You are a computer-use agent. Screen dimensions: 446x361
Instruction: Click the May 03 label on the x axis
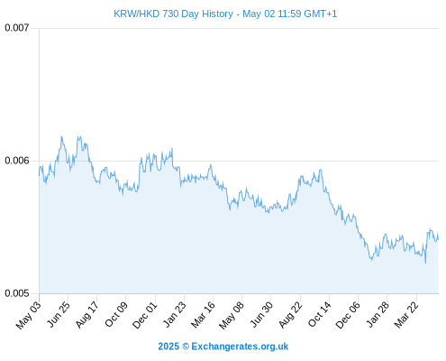click(x=28, y=315)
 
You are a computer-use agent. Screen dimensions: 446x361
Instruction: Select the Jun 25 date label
click(x=59, y=314)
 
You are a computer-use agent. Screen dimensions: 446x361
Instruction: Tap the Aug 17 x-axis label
click(x=87, y=314)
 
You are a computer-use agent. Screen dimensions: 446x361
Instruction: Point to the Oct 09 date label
click(x=116, y=314)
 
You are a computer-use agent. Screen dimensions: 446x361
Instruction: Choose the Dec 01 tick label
click(x=145, y=315)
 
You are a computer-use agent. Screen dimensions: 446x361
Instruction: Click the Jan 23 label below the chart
click(x=174, y=314)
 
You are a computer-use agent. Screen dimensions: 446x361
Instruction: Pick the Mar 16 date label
click(x=203, y=314)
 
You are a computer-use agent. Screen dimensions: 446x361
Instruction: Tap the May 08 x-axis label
click(x=232, y=315)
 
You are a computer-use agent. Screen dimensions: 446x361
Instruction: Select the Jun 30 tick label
click(x=261, y=314)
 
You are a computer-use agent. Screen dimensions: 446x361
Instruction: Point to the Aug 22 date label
click(x=290, y=314)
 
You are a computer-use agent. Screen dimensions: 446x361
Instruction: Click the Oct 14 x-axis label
click(x=319, y=314)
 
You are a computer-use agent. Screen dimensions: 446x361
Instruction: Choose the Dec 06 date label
click(x=348, y=315)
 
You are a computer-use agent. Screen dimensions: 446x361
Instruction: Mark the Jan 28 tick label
click(x=378, y=314)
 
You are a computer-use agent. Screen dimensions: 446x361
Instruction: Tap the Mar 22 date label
click(x=406, y=314)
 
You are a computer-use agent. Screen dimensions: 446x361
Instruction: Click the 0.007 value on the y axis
click(x=17, y=28)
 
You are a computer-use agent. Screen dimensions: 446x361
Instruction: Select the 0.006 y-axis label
click(x=17, y=161)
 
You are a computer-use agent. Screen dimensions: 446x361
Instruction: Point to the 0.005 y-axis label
click(x=17, y=293)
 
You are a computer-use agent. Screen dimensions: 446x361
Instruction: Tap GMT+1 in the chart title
click(x=321, y=14)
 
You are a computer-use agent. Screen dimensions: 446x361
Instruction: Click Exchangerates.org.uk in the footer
click(x=240, y=347)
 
